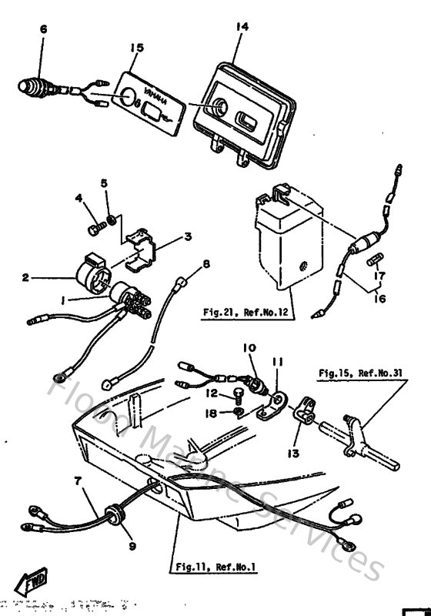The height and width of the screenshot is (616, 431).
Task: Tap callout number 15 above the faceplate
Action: [136, 48]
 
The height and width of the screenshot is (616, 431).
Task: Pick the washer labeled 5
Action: [113, 221]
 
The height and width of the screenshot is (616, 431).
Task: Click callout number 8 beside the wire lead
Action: [205, 265]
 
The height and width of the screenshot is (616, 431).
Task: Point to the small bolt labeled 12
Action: [239, 395]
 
